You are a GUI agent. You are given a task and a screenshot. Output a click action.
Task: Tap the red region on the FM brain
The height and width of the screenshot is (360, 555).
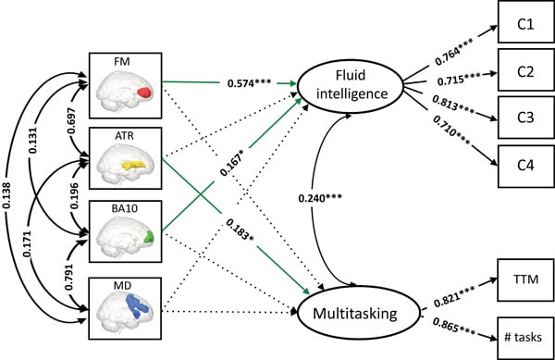(143, 94)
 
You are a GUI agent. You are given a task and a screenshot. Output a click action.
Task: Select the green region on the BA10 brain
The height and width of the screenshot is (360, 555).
(146, 238)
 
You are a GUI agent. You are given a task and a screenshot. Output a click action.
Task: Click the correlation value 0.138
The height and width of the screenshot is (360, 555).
(10, 199)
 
